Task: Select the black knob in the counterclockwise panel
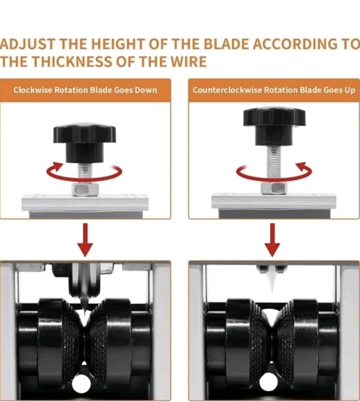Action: point(274,126)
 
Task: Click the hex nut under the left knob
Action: point(85,189)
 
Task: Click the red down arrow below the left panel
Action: point(85,240)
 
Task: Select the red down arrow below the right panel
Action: point(272,240)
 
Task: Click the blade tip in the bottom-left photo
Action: point(84,314)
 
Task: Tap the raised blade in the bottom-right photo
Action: point(272,279)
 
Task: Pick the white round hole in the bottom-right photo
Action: point(269,382)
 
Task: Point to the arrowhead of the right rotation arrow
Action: point(302,167)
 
